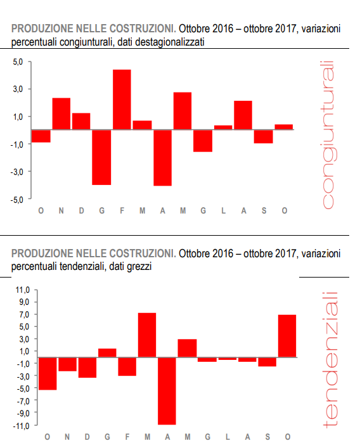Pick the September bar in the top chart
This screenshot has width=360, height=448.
coord(263,136)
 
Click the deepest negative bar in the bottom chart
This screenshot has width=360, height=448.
coord(167,390)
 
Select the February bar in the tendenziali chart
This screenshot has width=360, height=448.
coord(127,366)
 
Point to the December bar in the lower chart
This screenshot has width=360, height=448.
coord(87,368)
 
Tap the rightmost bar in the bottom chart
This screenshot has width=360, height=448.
coord(287,336)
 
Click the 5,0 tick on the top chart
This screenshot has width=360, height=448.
coord(17,61)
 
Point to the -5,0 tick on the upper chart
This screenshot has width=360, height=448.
coord(16,199)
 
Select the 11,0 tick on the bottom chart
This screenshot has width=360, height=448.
coord(23,290)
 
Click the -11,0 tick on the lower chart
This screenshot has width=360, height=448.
coord(22,425)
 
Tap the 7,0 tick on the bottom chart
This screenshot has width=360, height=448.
coord(24,314)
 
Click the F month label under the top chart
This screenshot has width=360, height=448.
coord(122,211)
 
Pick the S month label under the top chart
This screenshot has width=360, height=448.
coord(264,211)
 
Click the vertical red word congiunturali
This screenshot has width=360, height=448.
coord(328,134)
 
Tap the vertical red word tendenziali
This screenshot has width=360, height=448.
coord(330,359)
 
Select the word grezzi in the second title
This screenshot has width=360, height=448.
coord(138,267)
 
